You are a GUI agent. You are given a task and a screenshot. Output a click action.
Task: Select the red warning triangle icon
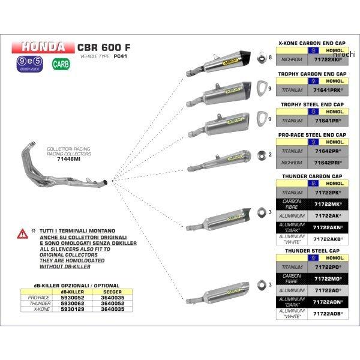pos(22,232)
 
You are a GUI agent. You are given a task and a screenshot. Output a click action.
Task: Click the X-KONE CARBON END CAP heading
pos(311,44)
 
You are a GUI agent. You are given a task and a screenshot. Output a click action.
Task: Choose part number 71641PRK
pos(328,90)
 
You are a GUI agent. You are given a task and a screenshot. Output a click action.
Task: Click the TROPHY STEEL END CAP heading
pos(311,104)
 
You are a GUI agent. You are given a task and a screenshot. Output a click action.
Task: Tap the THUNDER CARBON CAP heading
pos(311,177)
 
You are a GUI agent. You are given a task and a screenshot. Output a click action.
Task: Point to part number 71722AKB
pos(328,239)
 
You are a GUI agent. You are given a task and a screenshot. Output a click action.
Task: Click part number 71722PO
pos(328,266)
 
